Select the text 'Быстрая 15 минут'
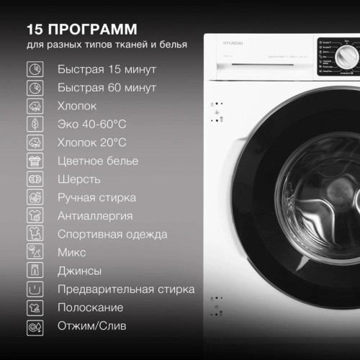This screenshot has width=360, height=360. pos(107,70)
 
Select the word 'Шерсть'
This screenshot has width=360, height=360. pos(78,179)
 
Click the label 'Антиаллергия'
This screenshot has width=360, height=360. pos(94,216)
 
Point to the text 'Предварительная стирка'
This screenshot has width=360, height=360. pos(125,289)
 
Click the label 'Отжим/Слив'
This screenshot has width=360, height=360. pos(91,326)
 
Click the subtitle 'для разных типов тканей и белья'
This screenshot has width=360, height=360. pos(107,45)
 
